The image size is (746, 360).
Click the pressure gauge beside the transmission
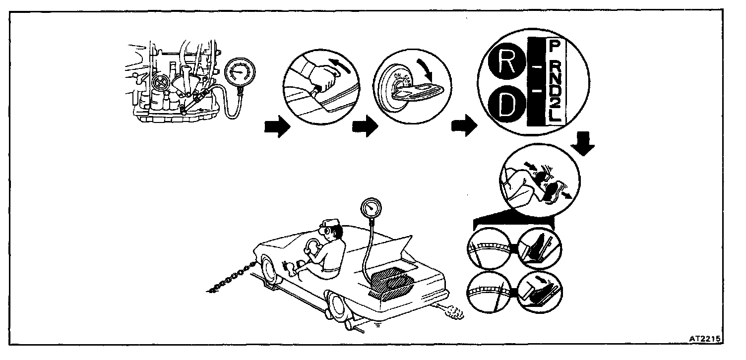pyautogui.click(x=237, y=72)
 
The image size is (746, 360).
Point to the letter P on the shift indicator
pyautogui.click(x=555, y=48)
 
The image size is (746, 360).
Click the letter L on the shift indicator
pyautogui.click(x=555, y=118)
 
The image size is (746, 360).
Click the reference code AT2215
pyautogui.click(x=704, y=339)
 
